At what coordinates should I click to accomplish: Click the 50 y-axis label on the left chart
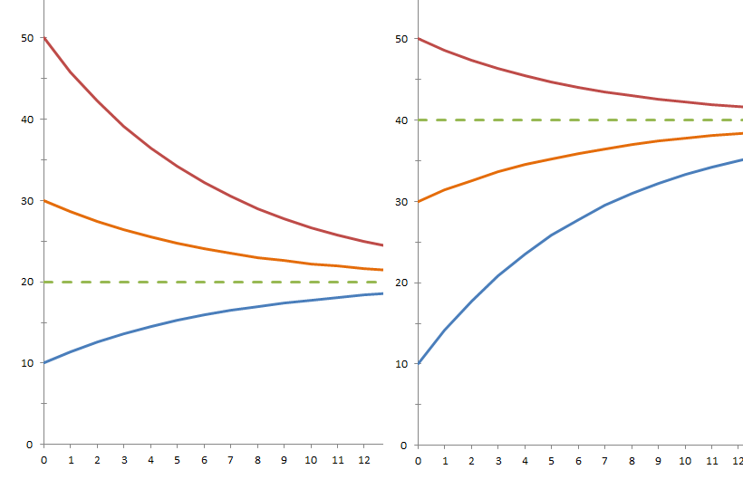(27, 38)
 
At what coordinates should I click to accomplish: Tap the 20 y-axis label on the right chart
(401, 283)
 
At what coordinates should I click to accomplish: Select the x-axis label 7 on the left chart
(231, 460)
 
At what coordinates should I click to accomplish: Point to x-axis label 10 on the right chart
(685, 461)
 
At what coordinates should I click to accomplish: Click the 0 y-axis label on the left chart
(30, 445)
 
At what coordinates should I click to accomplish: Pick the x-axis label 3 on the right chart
(498, 461)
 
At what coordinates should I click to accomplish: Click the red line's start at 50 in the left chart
(44, 38)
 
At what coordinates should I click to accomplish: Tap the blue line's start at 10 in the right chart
(419, 363)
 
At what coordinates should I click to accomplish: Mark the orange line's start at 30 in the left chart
(44, 201)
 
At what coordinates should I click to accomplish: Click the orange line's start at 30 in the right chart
(419, 202)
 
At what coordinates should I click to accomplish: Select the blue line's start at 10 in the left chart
(44, 362)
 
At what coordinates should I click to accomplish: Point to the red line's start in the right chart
(419, 39)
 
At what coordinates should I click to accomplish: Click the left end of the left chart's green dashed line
(44, 283)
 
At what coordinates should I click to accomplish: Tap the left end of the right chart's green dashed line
(419, 120)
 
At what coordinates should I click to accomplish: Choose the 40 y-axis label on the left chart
(27, 120)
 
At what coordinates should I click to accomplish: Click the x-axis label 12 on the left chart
(364, 460)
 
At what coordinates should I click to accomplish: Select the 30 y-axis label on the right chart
(401, 202)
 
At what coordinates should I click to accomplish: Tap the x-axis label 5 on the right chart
(551, 461)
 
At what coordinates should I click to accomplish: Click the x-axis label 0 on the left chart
(44, 460)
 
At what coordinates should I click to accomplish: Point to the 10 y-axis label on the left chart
(27, 363)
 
